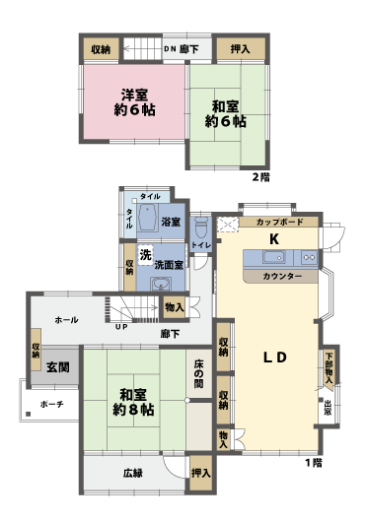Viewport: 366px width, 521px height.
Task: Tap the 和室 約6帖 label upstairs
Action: tap(224, 113)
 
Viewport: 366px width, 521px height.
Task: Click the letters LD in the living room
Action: tap(274, 358)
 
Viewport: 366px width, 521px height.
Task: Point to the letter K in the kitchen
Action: tap(276, 238)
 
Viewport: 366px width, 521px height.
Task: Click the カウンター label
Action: tap(282, 277)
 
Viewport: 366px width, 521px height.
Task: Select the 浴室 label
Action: tap(171, 222)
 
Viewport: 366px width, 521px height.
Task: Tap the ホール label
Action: tap(66, 320)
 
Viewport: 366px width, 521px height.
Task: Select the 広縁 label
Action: tap(134, 474)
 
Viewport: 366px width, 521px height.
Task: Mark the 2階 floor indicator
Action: tap(259, 177)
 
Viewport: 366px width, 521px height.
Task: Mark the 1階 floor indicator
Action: tap(314, 462)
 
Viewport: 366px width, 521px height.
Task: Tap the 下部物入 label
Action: tap(328, 366)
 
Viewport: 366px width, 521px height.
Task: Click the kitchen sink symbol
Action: tap(272, 258)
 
